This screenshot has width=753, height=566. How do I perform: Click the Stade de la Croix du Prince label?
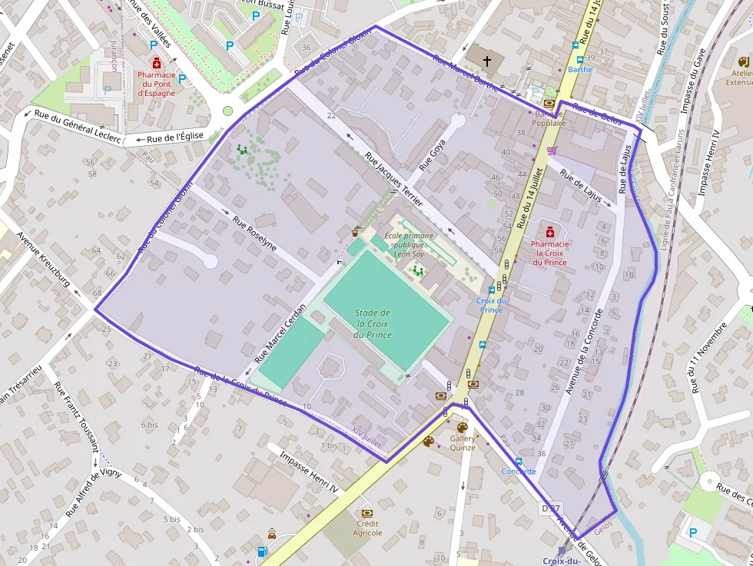[373, 323]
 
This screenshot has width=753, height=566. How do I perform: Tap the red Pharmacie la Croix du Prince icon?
[549, 232]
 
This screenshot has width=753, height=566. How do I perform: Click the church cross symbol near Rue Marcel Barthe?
[486, 59]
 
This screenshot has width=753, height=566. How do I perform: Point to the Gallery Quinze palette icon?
[462, 428]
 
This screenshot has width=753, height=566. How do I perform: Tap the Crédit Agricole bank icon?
[367, 512]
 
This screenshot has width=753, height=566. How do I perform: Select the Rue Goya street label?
[433, 157]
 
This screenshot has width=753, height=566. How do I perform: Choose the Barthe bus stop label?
[579, 69]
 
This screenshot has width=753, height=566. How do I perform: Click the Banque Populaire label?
[544, 118]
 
